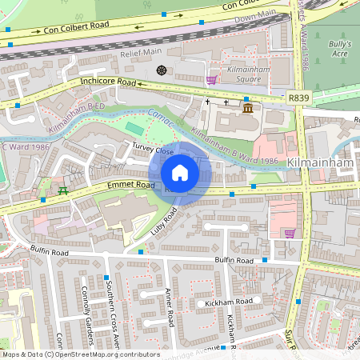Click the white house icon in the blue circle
point(180,173)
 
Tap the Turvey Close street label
point(153,150)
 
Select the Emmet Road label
point(133,186)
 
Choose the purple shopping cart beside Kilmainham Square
point(211,80)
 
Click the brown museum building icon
point(248,108)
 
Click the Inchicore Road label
point(108,82)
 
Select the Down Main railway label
point(256,17)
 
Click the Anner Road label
point(169,308)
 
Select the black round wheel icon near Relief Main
point(162,70)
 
